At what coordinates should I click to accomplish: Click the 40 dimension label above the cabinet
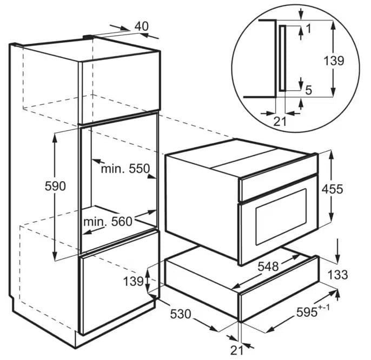[142, 26]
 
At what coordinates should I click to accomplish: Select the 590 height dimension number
[55, 186]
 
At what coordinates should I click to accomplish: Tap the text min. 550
[125, 169]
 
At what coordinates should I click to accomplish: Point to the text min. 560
[108, 222]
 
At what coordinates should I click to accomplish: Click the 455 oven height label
[332, 189]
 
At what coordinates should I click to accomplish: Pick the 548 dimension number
[268, 266]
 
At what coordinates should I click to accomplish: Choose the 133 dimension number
[337, 275]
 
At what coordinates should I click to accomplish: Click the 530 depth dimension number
[181, 314]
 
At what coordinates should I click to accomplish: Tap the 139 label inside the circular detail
[334, 61]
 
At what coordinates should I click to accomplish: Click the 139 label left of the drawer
[133, 282]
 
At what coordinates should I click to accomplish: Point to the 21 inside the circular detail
[280, 122]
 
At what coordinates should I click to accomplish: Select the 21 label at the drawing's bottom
[237, 350]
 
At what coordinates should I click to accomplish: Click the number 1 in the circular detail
[308, 29]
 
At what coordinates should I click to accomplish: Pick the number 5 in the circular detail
[308, 90]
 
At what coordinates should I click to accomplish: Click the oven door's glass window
[281, 216]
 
